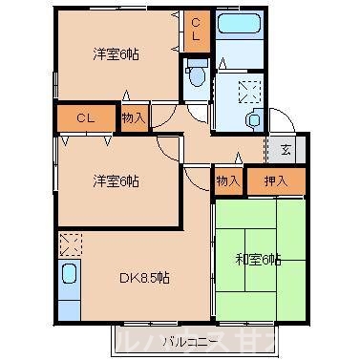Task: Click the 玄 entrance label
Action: pos(286,151)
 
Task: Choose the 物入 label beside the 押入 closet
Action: pos(227,179)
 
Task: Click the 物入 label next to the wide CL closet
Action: pos(134,117)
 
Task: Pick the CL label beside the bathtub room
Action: pos(196,30)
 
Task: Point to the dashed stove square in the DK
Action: pos(68,244)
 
